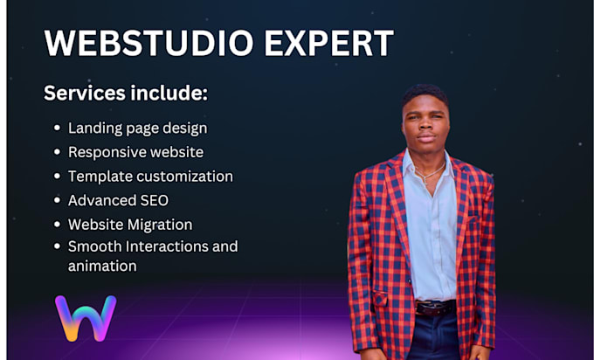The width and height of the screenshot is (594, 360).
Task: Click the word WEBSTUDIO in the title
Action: point(148,43)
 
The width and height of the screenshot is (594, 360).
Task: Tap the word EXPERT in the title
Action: point(328,43)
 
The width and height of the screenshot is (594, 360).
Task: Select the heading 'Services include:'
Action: point(126,93)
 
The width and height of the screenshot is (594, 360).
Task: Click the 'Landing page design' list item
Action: point(137,128)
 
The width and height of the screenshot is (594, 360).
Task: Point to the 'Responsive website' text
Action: point(135,152)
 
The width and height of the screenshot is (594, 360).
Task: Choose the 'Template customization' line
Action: point(150,177)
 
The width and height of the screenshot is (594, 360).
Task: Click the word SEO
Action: point(155,200)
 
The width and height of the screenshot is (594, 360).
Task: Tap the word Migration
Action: point(160,225)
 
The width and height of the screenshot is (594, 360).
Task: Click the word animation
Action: point(102,266)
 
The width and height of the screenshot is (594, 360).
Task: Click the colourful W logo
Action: point(86,318)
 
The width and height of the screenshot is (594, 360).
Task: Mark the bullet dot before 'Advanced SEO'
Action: point(57,200)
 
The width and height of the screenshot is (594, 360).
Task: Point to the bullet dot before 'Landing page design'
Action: point(57,128)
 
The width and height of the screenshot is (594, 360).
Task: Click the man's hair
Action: point(425,94)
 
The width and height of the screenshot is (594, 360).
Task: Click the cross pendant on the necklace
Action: point(425,180)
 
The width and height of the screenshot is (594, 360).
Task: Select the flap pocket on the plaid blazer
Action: point(380,299)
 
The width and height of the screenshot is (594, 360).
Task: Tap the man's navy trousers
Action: point(435,336)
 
